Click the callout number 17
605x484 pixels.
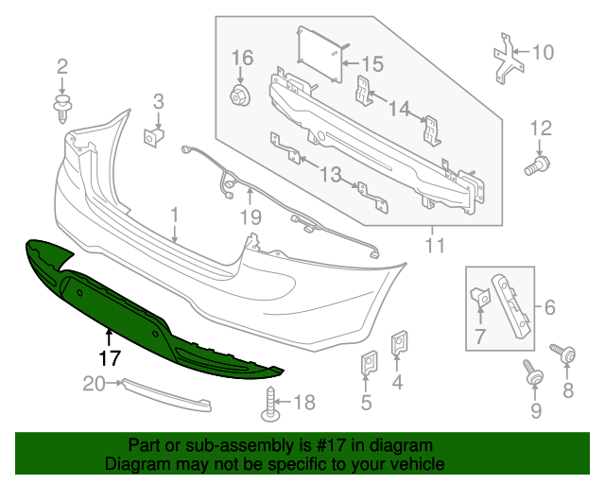pos(110,359)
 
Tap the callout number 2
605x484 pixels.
pos(62,66)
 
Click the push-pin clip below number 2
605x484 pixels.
pos(62,106)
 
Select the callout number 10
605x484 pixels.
pos(543,52)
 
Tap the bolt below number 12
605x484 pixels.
pos(536,166)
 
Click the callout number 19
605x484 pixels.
pos(251,218)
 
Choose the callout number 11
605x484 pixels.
pos(434,247)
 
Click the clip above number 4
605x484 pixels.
pos(399,344)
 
